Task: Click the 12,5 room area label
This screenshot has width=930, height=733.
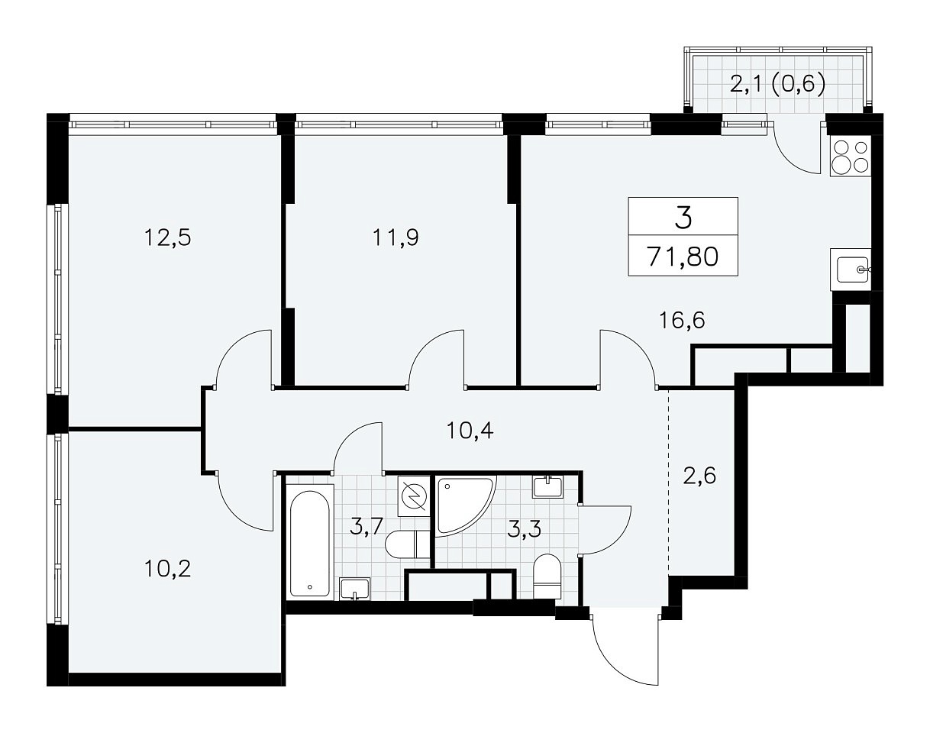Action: pyautogui.click(x=167, y=238)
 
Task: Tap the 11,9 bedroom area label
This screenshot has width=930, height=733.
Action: pyautogui.click(x=396, y=238)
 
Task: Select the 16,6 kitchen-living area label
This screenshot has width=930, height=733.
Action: pyautogui.click(x=682, y=320)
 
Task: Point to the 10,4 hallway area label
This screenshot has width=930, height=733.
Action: pyautogui.click(x=470, y=431)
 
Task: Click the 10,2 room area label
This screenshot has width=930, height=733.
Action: pyautogui.click(x=167, y=569)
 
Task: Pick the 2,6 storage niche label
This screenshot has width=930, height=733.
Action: pyautogui.click(x=699, y=476)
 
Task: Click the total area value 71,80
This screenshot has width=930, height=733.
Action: pyautogui.click(x=683, y=257)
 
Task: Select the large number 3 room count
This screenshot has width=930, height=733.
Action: pyautogui.click(x=683, y=218)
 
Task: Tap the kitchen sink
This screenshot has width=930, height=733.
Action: pyautogui.click(x=851, y=270)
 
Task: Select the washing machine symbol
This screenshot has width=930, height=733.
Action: pyautogui.click(x=414, y=496)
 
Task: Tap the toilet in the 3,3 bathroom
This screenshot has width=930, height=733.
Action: pyautogui.click(x=547, y=577)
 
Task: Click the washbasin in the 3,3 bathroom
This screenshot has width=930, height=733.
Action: pyautogui.click(x=548, y=486)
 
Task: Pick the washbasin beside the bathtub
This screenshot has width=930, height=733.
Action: pyautogui.click(x=355, y=589)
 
